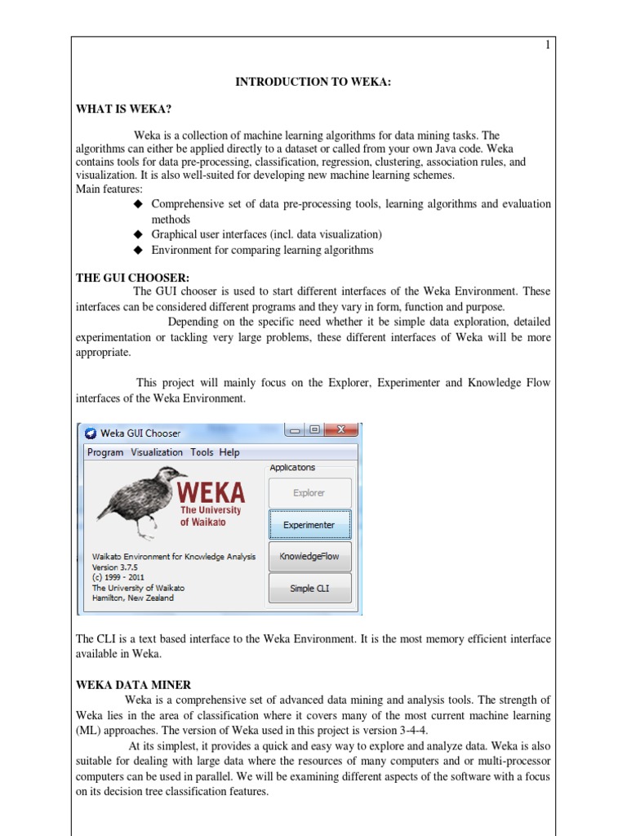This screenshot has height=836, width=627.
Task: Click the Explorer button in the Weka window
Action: point(309,493)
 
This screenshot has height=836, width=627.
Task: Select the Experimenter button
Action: point(309,525)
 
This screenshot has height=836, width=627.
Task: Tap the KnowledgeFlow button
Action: point(309,557)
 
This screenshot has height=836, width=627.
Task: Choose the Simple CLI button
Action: point(309,588)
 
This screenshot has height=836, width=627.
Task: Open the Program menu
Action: point(105,452)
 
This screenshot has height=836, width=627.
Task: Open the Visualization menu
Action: point(157,452)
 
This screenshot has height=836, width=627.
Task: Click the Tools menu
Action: point(202,452)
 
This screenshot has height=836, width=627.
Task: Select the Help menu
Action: point(229,452)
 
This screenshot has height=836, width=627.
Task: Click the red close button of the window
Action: point(340,430)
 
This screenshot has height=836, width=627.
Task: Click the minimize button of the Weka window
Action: point(294,430)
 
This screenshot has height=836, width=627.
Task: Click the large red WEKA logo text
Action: point(210,493)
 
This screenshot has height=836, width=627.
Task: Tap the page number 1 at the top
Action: point(548,46)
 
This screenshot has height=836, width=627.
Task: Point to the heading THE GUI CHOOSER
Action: point(132,278)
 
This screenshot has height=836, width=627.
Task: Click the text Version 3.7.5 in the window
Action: point(117,567)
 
